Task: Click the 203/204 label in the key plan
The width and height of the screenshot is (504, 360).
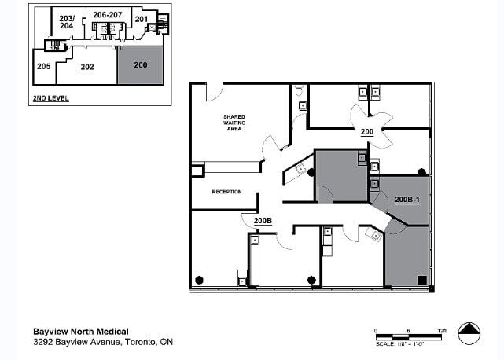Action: (67, 21)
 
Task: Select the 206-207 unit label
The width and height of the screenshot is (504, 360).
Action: (107, 15)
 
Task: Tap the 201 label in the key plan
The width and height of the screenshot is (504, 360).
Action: (141, 19)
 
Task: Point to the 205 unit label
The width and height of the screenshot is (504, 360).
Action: (43, 66)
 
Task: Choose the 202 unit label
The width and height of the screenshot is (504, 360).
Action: (86, 67)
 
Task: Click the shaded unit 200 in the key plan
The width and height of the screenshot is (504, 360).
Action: (142, 64)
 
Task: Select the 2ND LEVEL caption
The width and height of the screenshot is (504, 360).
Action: (50, 99)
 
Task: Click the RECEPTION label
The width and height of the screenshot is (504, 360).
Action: (226, 191)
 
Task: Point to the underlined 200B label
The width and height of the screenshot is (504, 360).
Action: (263, 221)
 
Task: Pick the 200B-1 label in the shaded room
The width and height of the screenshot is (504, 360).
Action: (407, 200)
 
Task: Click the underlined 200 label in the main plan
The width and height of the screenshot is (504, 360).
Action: (366, 132)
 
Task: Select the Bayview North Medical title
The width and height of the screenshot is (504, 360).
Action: (81, 331)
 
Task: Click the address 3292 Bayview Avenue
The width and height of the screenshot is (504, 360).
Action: (103, 343)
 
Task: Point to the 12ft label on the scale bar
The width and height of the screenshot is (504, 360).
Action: (442, 331)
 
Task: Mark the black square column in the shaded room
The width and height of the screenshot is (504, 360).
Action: (422, 279)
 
